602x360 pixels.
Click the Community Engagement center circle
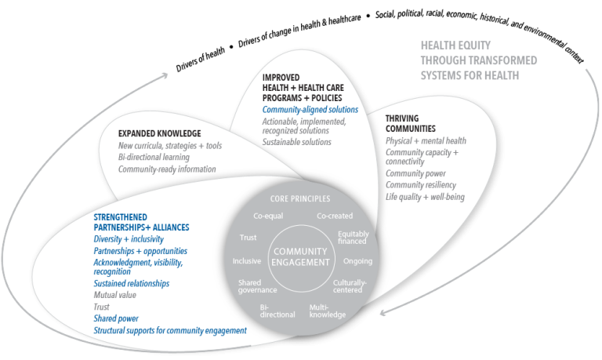pos(300,257)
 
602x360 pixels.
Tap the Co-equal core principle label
pos(269,216)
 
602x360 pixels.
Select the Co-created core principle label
pos(334,216)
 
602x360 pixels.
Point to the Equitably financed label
pos(353,238)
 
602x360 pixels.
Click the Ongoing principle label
pos(357,261)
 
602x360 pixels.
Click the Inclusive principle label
pos(247,261)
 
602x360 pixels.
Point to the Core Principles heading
pos(300,198)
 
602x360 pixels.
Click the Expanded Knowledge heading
pos(159,133)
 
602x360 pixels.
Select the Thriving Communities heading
pos(410,123)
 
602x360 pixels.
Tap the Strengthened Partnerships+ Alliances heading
pos(141,222)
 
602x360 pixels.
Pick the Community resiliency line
pos(422,184)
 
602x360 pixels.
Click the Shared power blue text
pos(116,319)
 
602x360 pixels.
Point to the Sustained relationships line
pos(132,283)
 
